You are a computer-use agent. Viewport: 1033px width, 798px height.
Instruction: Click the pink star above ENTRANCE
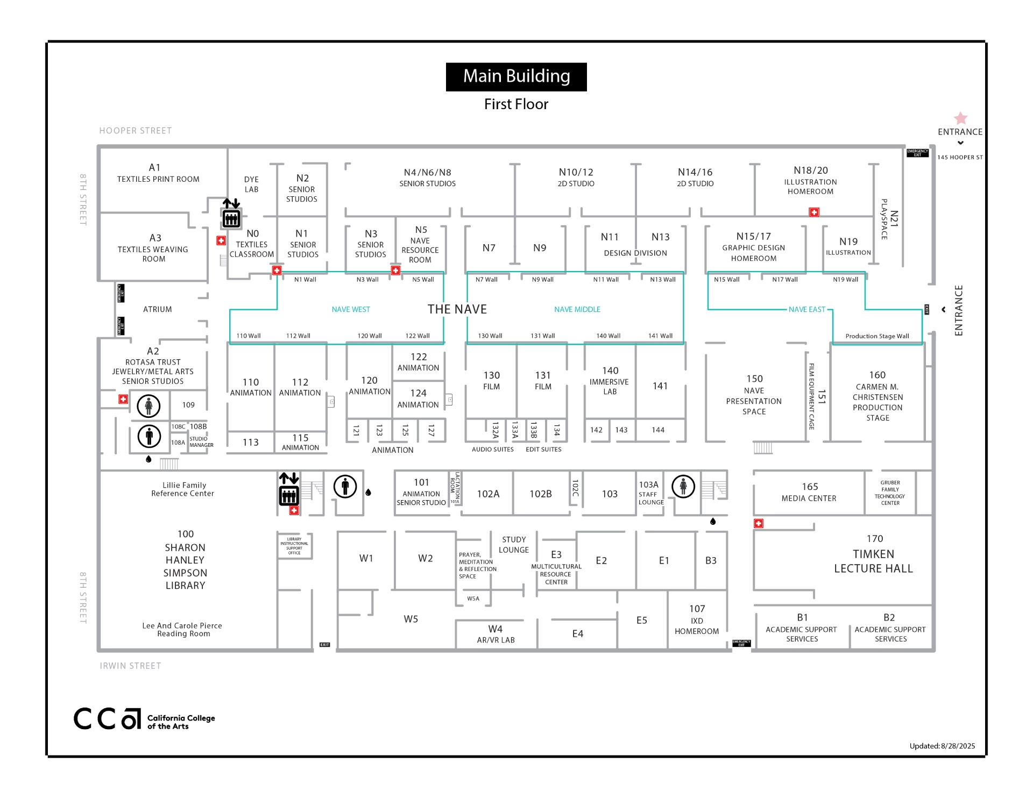960,118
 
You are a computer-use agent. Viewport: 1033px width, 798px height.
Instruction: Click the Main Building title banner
516,77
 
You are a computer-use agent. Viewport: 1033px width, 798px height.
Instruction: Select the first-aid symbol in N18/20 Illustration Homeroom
814,212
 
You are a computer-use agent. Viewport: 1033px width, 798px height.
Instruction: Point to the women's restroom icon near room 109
148,406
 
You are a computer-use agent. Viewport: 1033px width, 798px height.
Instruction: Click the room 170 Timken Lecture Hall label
873,554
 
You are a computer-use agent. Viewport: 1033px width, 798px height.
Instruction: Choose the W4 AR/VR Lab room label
496,634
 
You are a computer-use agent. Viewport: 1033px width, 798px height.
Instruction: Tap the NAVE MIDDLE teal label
577,310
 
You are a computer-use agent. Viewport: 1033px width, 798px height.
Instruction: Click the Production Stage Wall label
877,336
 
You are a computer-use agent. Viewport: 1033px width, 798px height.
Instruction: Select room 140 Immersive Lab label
610,381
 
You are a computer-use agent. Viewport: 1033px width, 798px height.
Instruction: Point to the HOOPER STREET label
136,131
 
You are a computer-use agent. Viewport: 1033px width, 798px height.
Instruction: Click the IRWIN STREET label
130,666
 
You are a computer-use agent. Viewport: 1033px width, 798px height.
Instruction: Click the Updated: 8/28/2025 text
942,746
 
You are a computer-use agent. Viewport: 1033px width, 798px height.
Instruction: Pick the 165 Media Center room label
809,492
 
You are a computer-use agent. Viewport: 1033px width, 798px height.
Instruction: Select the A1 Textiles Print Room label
158,173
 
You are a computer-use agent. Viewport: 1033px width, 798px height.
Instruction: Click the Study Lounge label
514,544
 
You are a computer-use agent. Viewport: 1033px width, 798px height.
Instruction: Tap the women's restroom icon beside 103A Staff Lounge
683,487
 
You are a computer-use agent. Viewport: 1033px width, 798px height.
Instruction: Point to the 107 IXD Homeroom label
697,619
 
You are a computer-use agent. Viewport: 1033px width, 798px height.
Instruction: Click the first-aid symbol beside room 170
759,523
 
